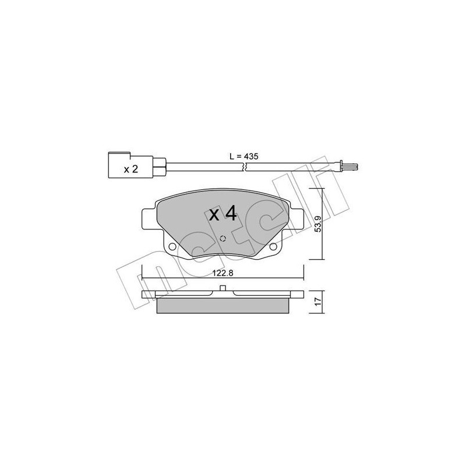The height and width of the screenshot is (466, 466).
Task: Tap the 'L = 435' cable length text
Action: point(243,157)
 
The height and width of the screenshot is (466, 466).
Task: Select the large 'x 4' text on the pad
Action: point(224,214)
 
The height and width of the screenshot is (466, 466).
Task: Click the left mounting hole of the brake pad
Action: point(172,249)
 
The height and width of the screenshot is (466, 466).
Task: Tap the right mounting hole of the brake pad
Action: point(273,249)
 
